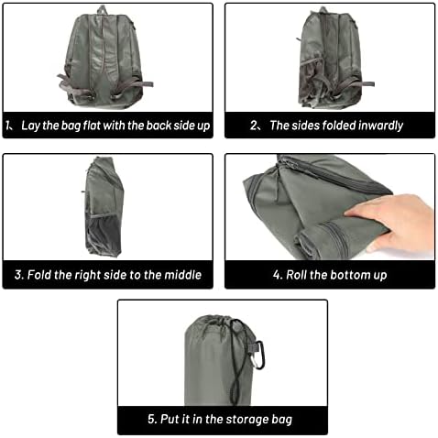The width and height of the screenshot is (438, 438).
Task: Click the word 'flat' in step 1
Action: (92, 126)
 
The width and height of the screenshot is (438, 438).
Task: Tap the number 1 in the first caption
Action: (7, 126)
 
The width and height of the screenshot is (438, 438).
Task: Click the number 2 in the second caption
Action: (254, 126)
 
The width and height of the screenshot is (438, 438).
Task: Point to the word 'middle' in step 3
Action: (182, 275)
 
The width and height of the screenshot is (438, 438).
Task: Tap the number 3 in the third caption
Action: (18, 275)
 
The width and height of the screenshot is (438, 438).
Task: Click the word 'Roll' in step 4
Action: (296, 275)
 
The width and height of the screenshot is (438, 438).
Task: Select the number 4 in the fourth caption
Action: (277, 275)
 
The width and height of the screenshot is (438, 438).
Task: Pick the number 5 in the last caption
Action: (151, 419)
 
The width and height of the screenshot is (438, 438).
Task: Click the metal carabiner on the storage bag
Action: (259, 355)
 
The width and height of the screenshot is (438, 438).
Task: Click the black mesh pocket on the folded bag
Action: (104, 233)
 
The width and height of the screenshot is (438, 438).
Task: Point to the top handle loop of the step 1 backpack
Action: (102, 10)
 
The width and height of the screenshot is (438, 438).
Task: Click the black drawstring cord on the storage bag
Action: (239, 360)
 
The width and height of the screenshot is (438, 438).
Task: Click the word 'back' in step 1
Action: (159, 126)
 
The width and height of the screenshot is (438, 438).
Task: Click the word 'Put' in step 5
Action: (170, 419)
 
